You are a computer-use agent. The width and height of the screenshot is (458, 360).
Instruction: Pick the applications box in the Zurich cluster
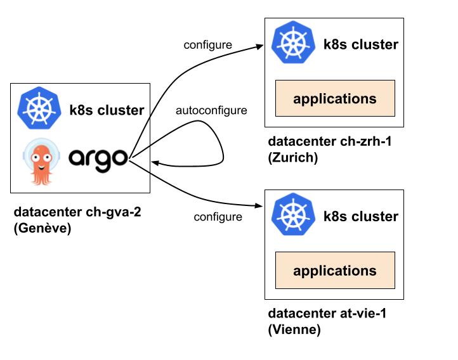[334, 98]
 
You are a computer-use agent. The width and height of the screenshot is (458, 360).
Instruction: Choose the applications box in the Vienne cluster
[334, 271]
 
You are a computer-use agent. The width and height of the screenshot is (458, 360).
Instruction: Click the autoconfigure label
[211, 111]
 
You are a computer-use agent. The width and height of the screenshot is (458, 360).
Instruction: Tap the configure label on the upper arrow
[207, 45]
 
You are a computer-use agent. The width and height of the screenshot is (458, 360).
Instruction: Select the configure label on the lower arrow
[218, 217]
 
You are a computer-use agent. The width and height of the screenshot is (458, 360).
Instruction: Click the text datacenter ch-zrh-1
[330, 141]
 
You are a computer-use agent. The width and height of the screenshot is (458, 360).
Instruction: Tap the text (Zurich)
[292, 157]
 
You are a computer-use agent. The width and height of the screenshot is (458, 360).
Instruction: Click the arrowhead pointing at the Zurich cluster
[259, 46]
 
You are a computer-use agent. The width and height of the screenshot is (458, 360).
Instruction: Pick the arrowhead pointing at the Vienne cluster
[259, 205]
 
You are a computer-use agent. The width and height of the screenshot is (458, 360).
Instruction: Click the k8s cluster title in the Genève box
[107, 110]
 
